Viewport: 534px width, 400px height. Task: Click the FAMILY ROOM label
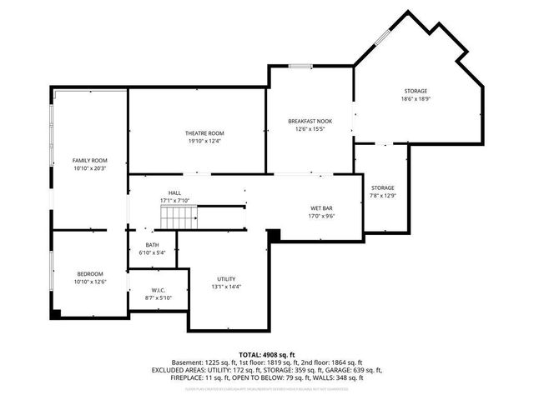tap(90, 160)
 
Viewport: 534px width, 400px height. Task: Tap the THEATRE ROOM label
tap(204, 133)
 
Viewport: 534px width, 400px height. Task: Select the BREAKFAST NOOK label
tap(310, 121)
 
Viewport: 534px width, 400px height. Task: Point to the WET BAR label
tap(321, 208)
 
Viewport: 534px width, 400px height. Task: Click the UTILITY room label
tap(226, 278)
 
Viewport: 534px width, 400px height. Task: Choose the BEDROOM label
tap(90, 274)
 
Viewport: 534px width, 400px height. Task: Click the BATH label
tap(152, 245)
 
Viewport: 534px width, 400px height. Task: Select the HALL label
tap(174, 192)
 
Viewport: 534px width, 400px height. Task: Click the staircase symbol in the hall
tap(179, 219)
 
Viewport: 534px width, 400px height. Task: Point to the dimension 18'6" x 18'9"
tap(416, 99)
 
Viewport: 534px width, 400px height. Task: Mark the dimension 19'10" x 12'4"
tap(204, 142)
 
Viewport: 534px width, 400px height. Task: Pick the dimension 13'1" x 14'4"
tap(226, 287)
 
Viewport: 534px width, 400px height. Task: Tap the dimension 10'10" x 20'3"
tap(90, 168)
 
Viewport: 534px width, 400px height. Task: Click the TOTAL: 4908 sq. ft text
tap(267, 354)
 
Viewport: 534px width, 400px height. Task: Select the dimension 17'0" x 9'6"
tap(321, 217)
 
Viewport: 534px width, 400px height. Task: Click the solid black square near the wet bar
tap(273, 237)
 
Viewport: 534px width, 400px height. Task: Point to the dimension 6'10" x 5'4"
tap(152, 252)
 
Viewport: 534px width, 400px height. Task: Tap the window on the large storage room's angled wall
tap(381, 38)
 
